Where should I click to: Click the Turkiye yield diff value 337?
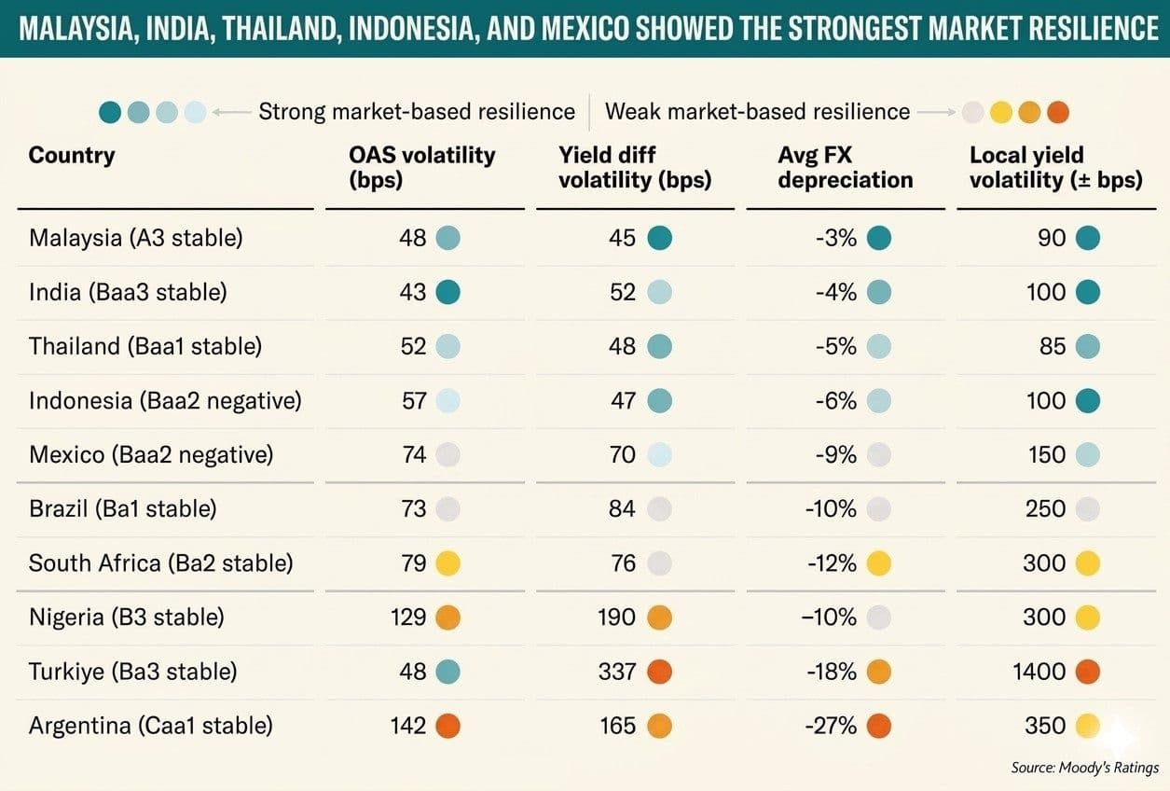(617, 672)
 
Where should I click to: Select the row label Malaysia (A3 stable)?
(136, 238)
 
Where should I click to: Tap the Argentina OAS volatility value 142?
(408, 726)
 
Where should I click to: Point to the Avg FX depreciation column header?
(846, 167)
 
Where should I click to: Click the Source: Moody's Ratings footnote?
(1085, 768)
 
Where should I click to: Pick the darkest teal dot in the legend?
(110, 112)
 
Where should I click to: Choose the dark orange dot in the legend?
(1058, 112)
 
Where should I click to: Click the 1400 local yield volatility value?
(1039, 672)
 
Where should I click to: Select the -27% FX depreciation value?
(831, 726)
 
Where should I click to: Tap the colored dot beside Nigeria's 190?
(659, 618)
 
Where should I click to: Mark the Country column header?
(72, 156)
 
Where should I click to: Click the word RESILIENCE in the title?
(1083, 28)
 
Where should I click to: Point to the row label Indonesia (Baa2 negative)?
(165, 401)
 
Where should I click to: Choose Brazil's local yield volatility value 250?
(1045, 509)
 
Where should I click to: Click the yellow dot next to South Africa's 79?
(447, 563)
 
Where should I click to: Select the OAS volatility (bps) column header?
(422, 167)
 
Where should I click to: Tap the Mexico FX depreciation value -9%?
(835, 454)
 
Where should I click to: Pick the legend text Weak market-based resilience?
(757, 112)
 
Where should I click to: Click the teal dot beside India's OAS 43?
(447, 292)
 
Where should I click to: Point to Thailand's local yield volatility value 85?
(1053, 346)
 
